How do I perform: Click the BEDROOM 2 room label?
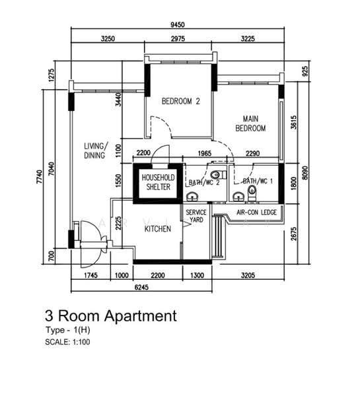(181, 102)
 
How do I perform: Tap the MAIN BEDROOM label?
(250, 123)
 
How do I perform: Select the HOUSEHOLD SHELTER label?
(159, 182)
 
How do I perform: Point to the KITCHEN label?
(158, 229)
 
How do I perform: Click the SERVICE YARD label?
(196, 216)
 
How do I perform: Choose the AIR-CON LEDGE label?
(256, 213)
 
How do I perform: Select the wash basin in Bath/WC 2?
(192, 196)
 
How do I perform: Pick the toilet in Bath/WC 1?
(252, 193)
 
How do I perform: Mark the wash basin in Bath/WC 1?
(238, 196)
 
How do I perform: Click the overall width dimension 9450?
(178, 25)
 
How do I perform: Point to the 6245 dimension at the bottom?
(141, 287)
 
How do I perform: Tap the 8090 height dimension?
(305, 173)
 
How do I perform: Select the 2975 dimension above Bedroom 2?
(178, 39)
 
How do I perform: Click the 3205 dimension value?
(248, 275)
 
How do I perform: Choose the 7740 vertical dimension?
(40, 176)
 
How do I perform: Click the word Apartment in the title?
(141, 316)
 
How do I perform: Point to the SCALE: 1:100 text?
(67, 342)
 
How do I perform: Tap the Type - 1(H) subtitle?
(67, 330)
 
